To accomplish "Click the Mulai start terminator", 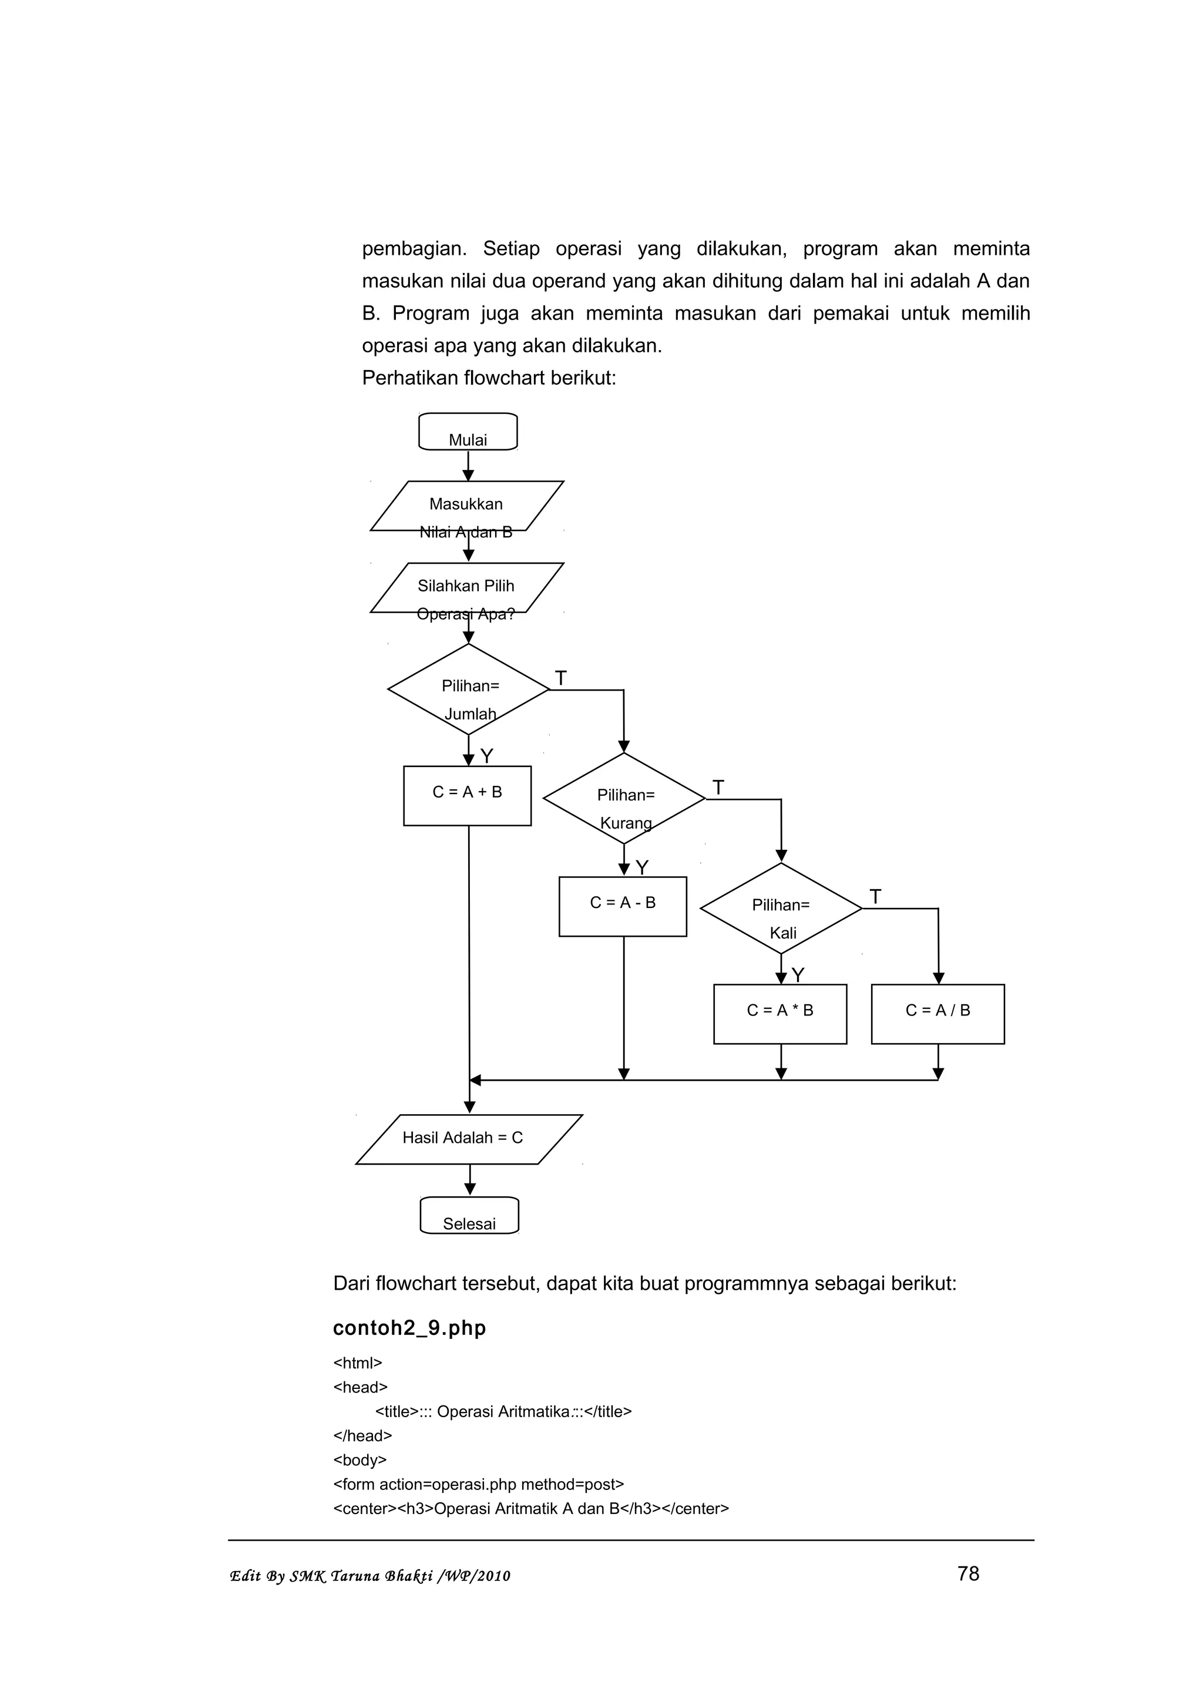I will click(468, 432).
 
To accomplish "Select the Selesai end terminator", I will click(469, 1216).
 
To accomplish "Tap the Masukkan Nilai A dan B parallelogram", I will click(467, 506).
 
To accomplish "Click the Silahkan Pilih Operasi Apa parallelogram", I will click(467, 588).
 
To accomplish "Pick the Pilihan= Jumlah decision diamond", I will click(468, 689).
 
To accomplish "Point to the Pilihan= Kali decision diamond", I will click(781, 908).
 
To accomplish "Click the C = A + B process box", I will click(467, 795).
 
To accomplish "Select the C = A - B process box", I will click(623, 906).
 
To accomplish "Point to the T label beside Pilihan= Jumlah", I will click(561, 678).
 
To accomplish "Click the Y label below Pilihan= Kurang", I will click(642, 867).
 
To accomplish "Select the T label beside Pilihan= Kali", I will click(875, 897).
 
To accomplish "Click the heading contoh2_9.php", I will click(409, 1328).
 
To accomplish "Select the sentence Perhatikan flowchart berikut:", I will click(489, 378).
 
